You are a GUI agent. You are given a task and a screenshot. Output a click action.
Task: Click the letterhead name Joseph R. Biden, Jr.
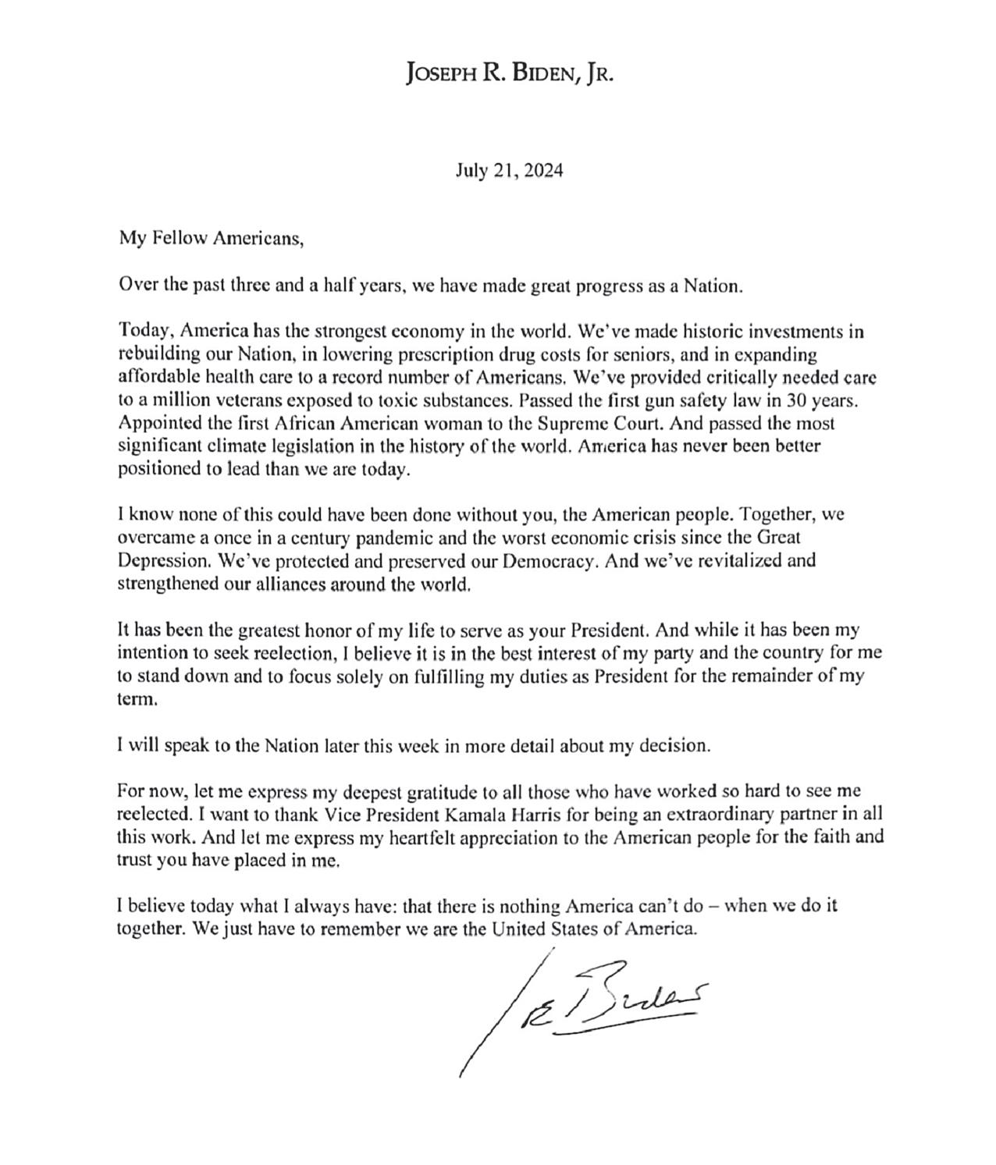coord(510,73)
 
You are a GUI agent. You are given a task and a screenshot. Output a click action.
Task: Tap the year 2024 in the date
coord(543,171)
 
